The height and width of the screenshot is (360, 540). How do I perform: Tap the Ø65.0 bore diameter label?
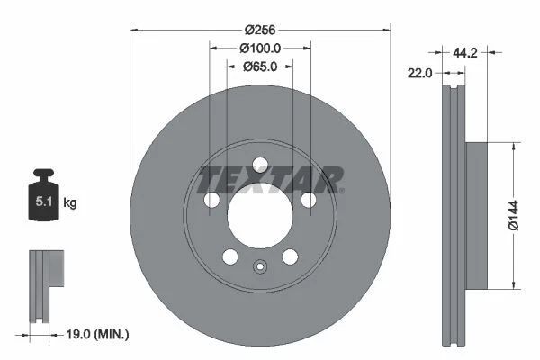click(261, 66)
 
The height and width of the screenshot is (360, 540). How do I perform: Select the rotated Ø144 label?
click(511, 215)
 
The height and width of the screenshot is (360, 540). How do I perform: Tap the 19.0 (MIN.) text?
click(99, 334)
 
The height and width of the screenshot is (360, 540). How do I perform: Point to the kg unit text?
click(70, 203)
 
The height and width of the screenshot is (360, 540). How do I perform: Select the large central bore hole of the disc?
click(260, 217)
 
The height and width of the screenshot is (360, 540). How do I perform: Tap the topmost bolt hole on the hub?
click(260, 165)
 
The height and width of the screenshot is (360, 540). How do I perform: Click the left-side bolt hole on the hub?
click(211, 201)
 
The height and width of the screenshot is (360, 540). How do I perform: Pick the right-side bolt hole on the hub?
click(310, 201)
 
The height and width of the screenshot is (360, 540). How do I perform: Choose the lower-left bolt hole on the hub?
click(229, 257)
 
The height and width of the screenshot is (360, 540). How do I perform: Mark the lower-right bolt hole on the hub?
click(291, 257)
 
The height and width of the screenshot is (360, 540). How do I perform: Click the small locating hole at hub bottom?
click(260, 267)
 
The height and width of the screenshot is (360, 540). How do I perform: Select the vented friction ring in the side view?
click(453, 215)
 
